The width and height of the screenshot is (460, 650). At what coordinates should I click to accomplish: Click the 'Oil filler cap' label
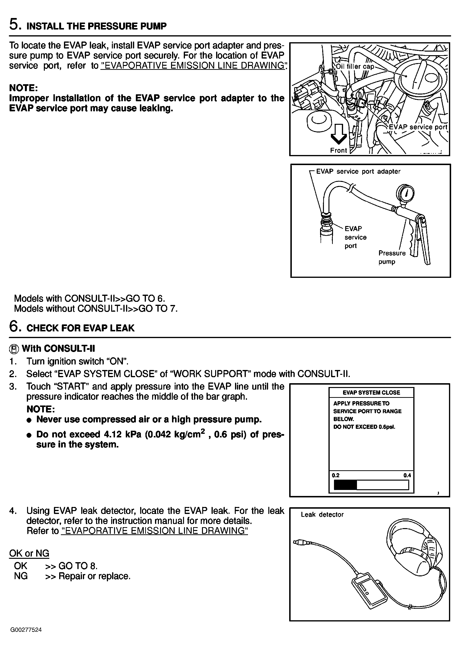tap(355, 67)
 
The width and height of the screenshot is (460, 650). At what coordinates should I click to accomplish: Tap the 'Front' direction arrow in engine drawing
tap(339, 134)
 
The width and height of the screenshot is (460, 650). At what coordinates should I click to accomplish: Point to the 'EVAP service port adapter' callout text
tap(358, 171)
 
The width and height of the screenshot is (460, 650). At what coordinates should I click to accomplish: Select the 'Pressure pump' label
tap(392, 257)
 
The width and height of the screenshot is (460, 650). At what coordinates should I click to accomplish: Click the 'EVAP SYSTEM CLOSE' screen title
tap(371, 393)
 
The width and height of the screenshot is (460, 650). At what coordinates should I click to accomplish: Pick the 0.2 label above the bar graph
tap(336, 475)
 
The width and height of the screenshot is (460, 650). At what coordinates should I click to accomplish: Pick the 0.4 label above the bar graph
tap(407, 475)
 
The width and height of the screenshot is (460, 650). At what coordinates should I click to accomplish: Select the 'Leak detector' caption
tap(322, 514)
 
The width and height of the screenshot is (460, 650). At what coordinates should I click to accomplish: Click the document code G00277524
tap(26, 638)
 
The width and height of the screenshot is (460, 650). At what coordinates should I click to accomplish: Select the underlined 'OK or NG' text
tap(29, 553)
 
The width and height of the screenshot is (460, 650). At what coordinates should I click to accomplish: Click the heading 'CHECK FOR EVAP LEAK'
tap(80, 328)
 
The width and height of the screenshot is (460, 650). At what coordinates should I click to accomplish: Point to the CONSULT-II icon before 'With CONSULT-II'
tap(14, 349)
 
